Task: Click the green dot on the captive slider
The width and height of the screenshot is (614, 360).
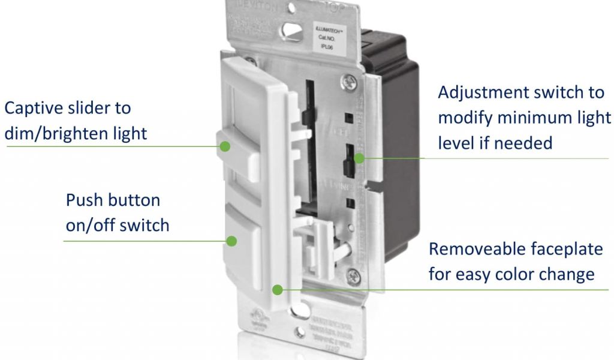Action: [225, 146]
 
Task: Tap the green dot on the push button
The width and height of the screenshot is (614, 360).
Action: [231, 241]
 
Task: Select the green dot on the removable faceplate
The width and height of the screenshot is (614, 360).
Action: [277, 289]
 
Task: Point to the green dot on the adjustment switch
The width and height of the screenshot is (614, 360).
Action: [359, 158]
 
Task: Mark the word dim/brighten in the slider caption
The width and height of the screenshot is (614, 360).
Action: [47, 133]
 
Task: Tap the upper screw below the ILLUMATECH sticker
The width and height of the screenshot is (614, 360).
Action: [346, 79]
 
